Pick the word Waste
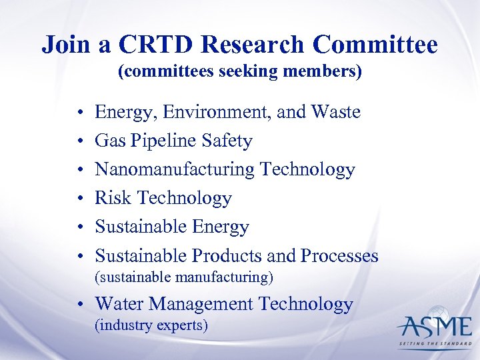tap(336, 112)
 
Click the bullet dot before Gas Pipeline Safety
tap(79, 141)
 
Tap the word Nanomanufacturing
tap(175, 169)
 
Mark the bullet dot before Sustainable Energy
tap(79, 227)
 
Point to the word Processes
tap(339, 255)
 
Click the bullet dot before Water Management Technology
tap(79, 305)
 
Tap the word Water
tap(119, 304)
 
